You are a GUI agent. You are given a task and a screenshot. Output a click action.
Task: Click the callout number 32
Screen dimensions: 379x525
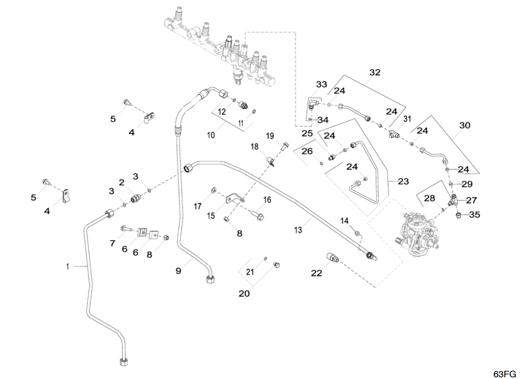[375, 72]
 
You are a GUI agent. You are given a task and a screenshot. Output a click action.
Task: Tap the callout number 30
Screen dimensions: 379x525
[465, 125]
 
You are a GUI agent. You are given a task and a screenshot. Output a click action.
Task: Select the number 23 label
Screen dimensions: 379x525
[403, 181]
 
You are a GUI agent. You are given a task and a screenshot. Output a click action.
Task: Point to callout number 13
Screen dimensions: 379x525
[298, 230]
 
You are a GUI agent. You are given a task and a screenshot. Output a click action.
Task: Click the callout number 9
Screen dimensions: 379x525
[178, 271]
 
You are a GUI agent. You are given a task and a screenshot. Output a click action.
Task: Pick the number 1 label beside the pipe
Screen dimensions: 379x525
[68, 267]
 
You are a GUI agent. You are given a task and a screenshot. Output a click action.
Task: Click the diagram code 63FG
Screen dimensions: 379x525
[504, 374]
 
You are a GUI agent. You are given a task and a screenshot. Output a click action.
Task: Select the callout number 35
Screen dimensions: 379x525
[474, 215]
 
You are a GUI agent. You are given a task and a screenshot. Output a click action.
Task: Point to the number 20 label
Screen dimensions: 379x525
[244, 293]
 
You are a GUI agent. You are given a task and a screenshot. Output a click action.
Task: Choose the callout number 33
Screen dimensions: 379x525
[321, 84]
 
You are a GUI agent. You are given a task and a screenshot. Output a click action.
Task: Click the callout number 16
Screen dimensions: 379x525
[267, 200]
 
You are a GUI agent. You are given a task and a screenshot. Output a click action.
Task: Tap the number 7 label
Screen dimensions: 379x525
[112, 243]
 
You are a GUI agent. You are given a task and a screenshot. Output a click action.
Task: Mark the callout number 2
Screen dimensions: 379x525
[122, 182]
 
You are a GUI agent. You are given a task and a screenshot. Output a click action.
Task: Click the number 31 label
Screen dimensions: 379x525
[407, 119]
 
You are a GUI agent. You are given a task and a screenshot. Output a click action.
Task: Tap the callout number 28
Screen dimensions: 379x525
[430, 199]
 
